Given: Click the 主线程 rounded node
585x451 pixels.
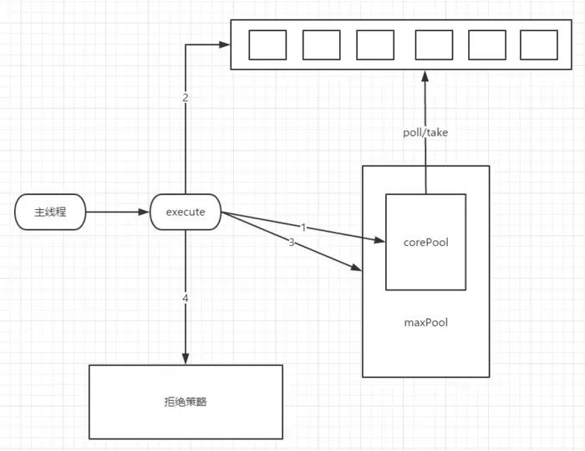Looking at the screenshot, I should [x=51, y=212].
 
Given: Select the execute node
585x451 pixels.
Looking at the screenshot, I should [x=185, y=212].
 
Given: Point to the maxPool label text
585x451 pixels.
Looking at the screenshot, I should [x=425, y=322].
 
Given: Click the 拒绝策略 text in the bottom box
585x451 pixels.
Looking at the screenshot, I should [x=186, y=402].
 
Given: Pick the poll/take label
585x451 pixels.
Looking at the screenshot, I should [x=425, y=131].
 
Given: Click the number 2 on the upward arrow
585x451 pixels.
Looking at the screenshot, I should [x=185, y=98].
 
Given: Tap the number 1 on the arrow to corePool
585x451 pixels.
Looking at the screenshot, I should [x=302, y=227].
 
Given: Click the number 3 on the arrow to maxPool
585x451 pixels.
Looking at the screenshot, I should [x=291, y=243].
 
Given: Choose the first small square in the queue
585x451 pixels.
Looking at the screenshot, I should [x=267, y=45].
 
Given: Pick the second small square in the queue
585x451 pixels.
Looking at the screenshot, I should [x=321, y=45].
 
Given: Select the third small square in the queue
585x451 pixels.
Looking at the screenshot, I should [x=374, y=45].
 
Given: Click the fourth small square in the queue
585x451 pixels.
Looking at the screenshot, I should [x=434, y=45].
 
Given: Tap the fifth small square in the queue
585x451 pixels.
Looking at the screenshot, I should [x=486, y=45].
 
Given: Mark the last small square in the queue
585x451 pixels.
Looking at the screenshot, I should [x=538, y=45].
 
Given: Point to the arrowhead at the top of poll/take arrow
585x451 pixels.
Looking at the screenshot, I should [x=425, y=75].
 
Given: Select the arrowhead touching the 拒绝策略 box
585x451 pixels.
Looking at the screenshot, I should [x=185, y=359].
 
